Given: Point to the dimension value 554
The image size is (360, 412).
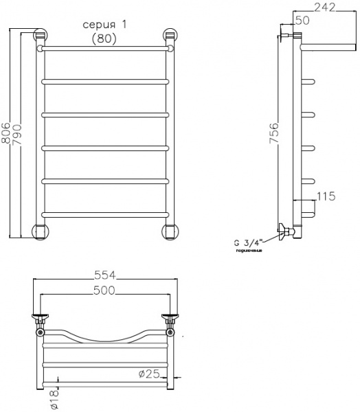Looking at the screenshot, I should [105, 275].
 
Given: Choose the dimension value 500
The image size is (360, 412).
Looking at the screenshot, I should [105, 290].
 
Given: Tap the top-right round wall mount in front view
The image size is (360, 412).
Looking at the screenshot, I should [170, 36].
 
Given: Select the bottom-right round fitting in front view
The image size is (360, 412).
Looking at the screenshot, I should [170, 230].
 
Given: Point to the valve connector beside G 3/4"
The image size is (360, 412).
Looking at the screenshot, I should [284, 232].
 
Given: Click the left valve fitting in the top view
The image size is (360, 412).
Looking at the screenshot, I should [41, 321].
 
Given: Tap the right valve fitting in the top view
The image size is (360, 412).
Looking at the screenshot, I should [169, 321].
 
